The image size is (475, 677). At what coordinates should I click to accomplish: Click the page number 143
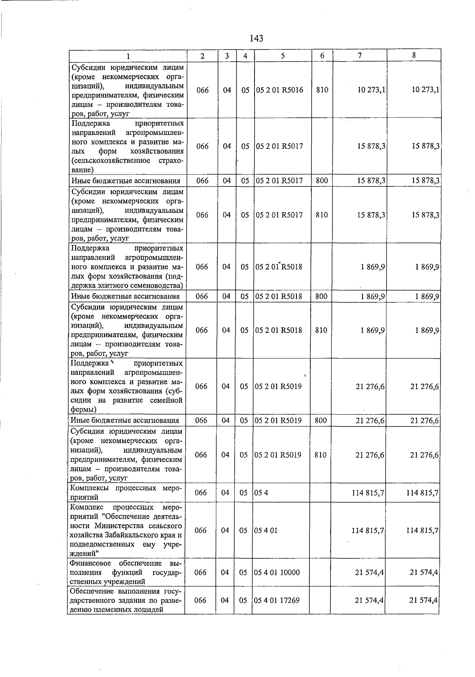pos(256,38)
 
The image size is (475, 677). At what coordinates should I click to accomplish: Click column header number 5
pos(283,56)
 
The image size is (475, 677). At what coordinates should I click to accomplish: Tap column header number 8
pos(414,56)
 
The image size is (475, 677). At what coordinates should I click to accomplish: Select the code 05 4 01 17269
pos(277,600)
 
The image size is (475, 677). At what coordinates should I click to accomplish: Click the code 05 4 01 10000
pos(277,572)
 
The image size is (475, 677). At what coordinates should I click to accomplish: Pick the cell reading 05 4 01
pos(266,530)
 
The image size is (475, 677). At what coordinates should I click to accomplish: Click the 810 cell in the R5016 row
pos(322,90)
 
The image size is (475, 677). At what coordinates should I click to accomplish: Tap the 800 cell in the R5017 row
pos(322,181)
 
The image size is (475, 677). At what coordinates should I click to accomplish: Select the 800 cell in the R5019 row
pos(321,420)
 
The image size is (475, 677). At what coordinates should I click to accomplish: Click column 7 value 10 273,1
pos(371,90)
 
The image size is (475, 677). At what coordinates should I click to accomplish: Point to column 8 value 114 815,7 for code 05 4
pos(422,493)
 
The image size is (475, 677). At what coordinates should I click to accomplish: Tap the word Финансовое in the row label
pos(90,563)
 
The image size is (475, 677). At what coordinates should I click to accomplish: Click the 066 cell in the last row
pos(201,600)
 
